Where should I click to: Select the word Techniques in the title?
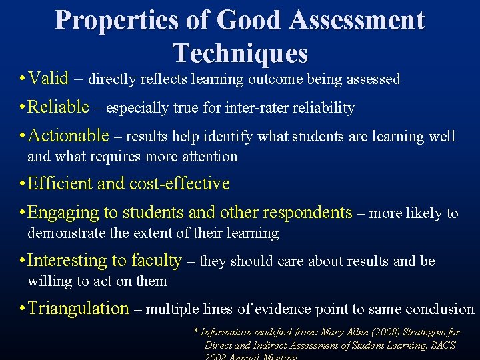(240, 52)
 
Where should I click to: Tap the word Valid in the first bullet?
(49, 79)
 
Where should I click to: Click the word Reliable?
(59, 107)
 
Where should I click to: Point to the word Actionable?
(69, 136)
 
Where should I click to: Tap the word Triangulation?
(78, 308)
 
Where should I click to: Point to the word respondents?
(307, 213)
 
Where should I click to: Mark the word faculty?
(157, 261)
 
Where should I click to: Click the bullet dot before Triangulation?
(23, 309)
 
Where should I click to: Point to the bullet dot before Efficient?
(23, 184)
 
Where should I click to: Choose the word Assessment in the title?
(356, 20)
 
